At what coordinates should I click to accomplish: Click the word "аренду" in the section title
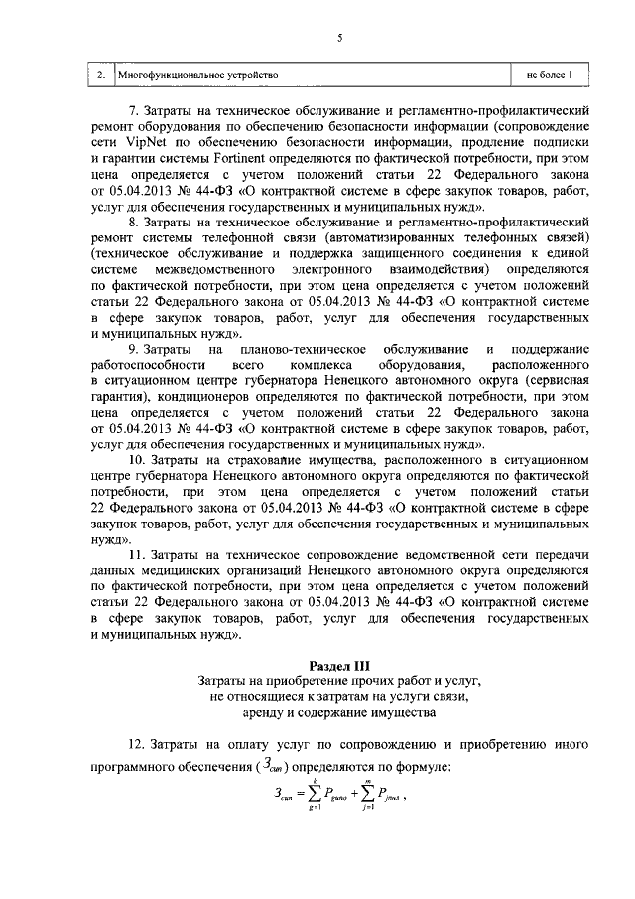(258, 713)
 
